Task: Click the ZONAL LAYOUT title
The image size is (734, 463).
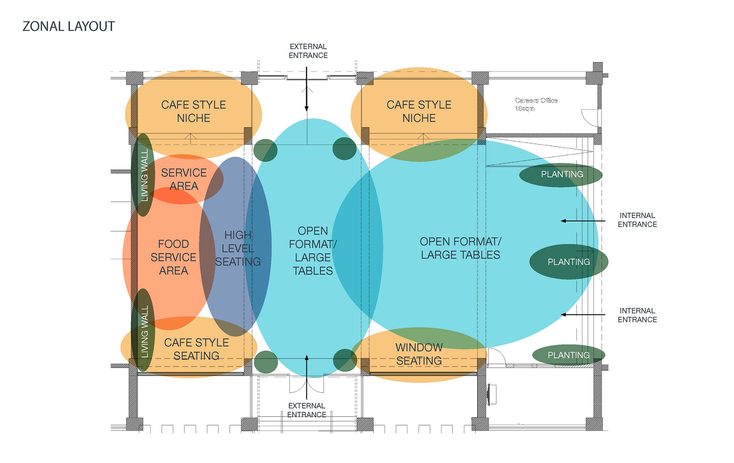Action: click(x=69, y=26)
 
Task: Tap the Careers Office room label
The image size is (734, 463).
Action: click(x=536, y=100)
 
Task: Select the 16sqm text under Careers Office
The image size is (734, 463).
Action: click(x=525, y=109)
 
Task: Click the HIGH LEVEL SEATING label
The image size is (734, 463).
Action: click(x=238, y=248)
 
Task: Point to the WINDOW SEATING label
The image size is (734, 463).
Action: click(x=419, y=354)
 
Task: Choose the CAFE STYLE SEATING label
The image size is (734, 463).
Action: click(x=196, y=349)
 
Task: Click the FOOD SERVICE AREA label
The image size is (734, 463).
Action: click(x=174, y=257)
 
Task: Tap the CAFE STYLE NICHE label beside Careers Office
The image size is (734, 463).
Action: click(x=419, y=111)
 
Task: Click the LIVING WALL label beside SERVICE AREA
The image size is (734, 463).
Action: click(x=145, y=175)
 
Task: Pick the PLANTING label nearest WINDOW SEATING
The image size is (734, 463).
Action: click(x=568, y=355)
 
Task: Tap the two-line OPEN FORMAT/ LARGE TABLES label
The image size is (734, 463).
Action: click(x=460, y=248)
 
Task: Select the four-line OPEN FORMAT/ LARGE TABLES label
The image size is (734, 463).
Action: click(x=313, y=251)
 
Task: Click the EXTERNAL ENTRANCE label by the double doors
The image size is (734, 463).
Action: click(x=307, y=410)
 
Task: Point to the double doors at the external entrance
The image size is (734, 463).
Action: click(x=307, y=384)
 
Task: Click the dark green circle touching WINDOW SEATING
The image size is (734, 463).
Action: click(x=345, y=360)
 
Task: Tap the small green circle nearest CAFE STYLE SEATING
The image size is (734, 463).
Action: click(x=266, y=362)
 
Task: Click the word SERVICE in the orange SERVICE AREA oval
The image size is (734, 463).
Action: click(x=184, y=173)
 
